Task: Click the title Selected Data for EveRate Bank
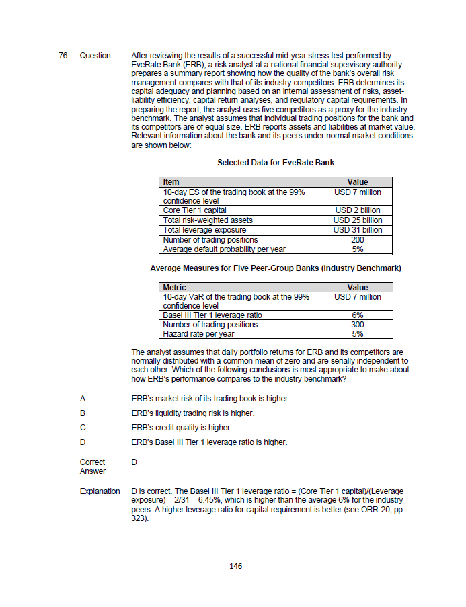tap(276, 163)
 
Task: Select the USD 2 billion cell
tap(357, 210)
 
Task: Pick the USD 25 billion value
tap(357, 220)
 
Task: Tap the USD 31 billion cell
tap(357, 230)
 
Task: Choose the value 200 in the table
tap(357, 240)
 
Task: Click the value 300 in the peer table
tap(357, 325)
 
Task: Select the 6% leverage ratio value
tap(357, 315)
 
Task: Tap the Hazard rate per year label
tap(198, 334)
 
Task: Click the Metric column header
tap(175, 288)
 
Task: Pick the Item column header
tap(171, 182)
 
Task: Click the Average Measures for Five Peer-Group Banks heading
tap(276, 268)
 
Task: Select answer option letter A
tap(83, 399)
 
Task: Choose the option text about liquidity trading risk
tap(193, 413)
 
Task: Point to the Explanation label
tap(100, 491)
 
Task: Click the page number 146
tap(235, 566)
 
